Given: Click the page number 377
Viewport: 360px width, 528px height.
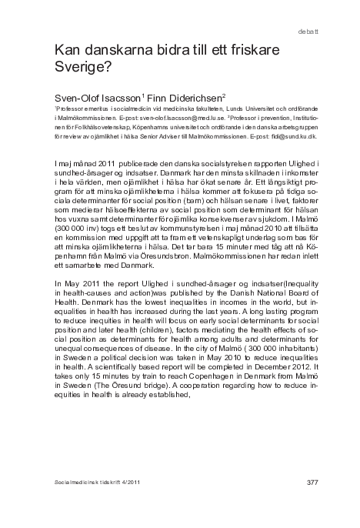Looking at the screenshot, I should click(312, 483).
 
